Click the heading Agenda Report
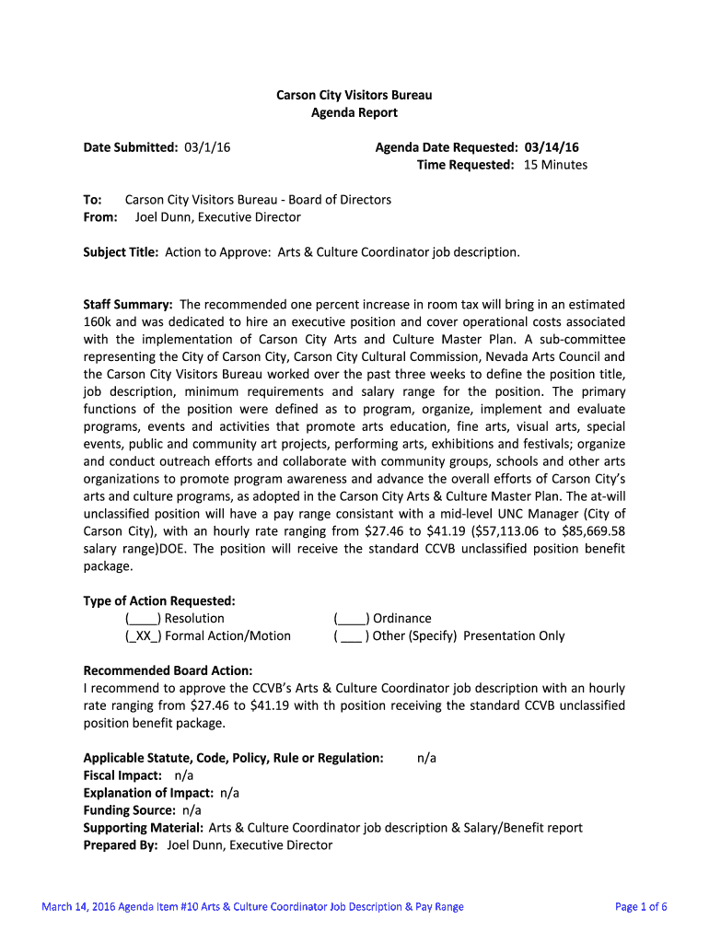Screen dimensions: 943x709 coord(354,112)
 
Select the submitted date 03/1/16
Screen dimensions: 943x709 coord(207,147)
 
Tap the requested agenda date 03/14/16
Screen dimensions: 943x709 coord(552,147)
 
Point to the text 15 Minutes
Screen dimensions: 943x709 coord(555,165)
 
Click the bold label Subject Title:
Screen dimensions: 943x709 coord(122,251)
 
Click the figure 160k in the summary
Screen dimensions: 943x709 coord(98,321)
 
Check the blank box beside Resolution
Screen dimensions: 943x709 coord(143,619)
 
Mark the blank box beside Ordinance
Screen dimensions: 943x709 coord(352,619)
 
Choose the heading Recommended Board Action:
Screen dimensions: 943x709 coord(168,670)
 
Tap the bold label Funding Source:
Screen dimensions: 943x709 coord(130,810)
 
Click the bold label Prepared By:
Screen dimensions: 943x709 coord(121,845)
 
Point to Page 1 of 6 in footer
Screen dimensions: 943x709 coord(640,907)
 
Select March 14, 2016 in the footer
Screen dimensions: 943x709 coord(78,907)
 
